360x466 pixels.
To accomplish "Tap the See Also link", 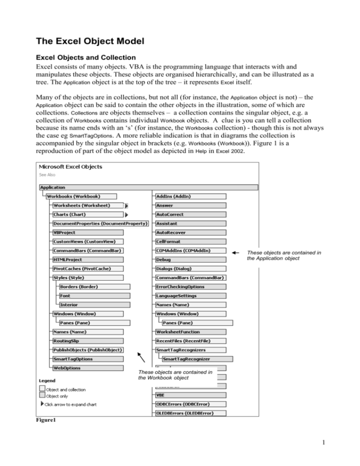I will (x=47, y=175).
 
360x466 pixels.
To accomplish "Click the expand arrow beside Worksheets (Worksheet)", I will (x=127, y=205).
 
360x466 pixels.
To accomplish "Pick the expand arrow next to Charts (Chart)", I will (x=127, y=214).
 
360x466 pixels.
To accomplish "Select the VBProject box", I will (x=87, y=232).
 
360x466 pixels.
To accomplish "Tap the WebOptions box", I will (x=87, y=368).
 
